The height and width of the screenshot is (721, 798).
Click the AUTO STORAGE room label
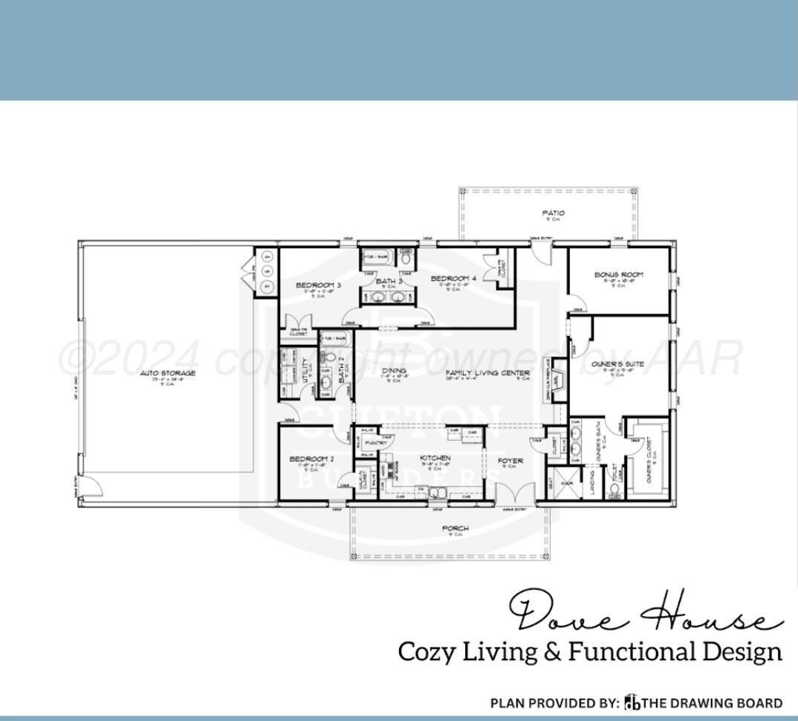tap(167, 373)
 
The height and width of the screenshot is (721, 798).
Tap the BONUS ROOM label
tap(618, 275)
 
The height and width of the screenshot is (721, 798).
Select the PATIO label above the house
tap(553, 213)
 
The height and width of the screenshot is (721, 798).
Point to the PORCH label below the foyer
tap(455, 529)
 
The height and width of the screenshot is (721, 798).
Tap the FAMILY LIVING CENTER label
tap(487, 373)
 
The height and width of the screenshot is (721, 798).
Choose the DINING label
tap(394, 370)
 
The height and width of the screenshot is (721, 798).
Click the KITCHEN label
tap(435, 459)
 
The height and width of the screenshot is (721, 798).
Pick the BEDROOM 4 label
tap(453, 279)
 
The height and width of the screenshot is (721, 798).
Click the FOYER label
tap(510, 461)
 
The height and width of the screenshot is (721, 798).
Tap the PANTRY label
tap(374, 443)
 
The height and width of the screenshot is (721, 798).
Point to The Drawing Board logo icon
tap(632, 702)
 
